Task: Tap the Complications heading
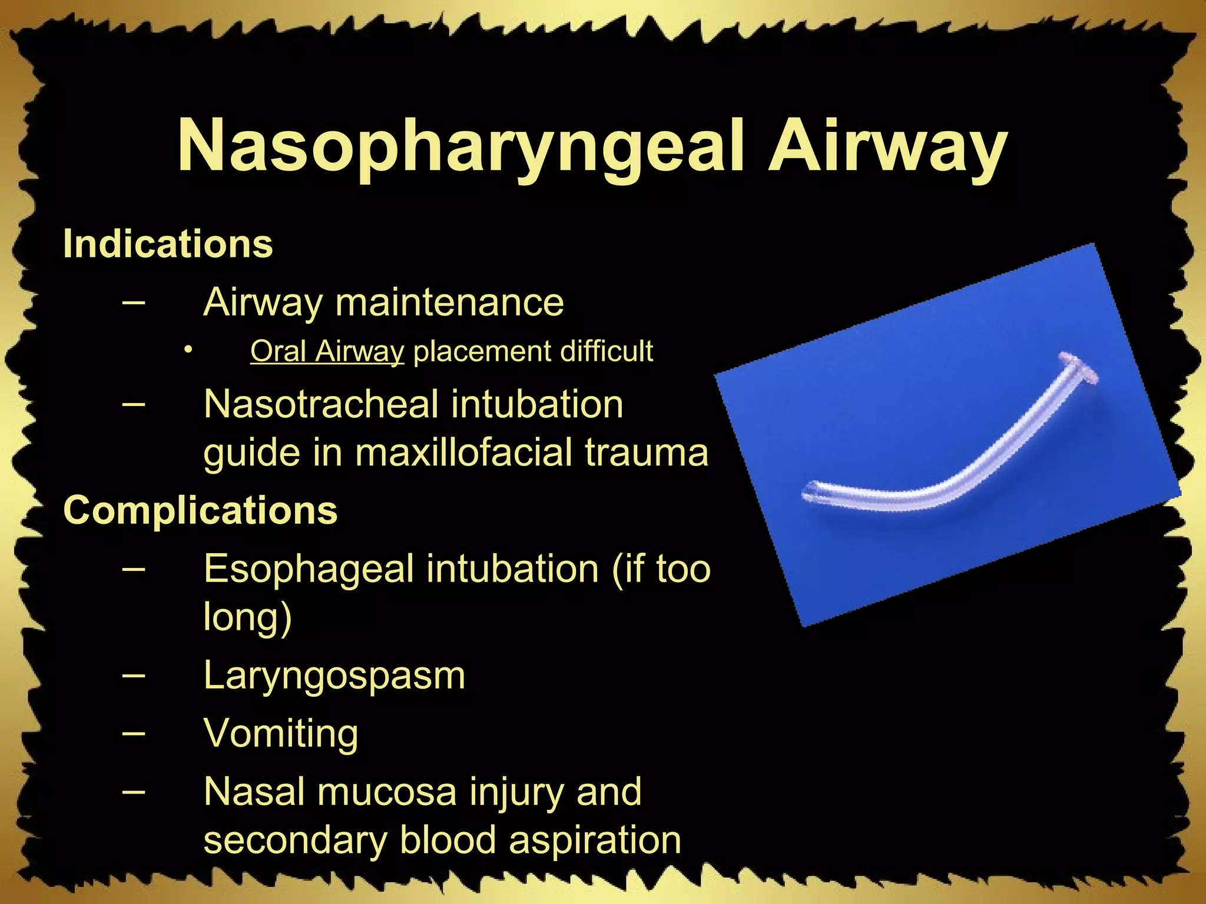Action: pos(200,510)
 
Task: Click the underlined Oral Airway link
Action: pos(327,351)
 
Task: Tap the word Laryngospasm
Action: pos(334,676)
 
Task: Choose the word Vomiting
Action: pos(280,733)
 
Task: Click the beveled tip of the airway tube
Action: pos(810,493)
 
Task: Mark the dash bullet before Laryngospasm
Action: pos(134,674)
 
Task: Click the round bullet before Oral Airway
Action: pos(188,351)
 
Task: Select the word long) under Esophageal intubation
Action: pos(247,617)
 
